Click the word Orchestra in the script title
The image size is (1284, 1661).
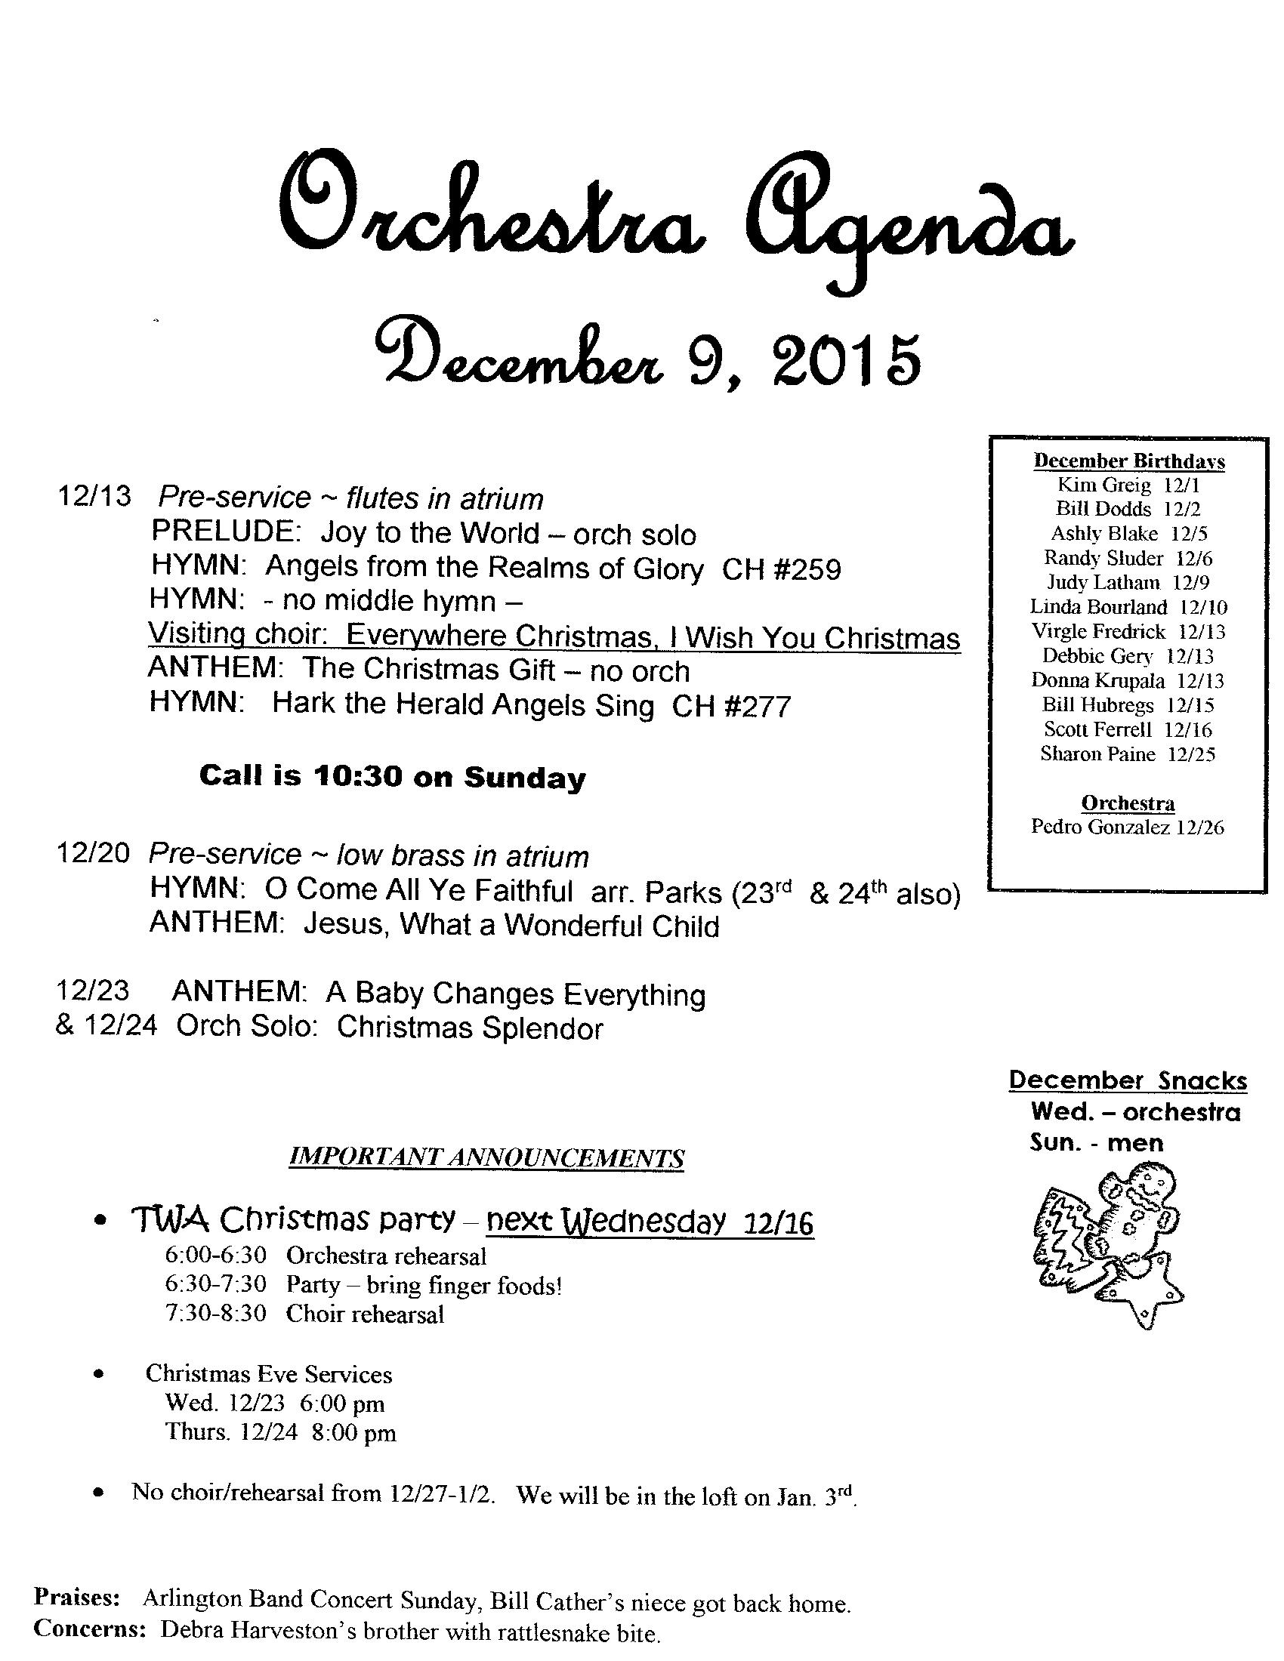tap(487, 220)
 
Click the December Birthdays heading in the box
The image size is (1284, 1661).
tap(1129, 461)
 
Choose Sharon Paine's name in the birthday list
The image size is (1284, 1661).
tap(1097, 753)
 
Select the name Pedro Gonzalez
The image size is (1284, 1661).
tap(1100, 827)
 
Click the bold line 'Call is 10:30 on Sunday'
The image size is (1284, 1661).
tap(393, 776)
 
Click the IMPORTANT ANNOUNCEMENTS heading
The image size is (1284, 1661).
tap(487, 1157)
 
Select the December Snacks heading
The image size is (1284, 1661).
tap(1128, 1080)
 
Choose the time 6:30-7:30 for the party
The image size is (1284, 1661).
tap(215, 1283)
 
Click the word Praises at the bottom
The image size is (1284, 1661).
tap(76, 1598)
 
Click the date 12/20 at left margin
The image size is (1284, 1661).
tap(94, 853)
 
